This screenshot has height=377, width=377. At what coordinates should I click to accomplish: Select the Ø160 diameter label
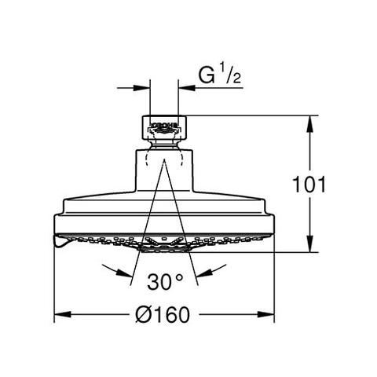(162, 314)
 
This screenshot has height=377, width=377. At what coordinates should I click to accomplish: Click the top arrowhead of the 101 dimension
(313, 121)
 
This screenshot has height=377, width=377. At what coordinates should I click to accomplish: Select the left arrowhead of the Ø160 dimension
(60, 315)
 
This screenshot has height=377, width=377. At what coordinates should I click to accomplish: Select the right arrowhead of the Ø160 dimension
(267, 315)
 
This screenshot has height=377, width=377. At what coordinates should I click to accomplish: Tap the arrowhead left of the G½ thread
(143, 88)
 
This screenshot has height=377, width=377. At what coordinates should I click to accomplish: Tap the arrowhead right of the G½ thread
(184, 88)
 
